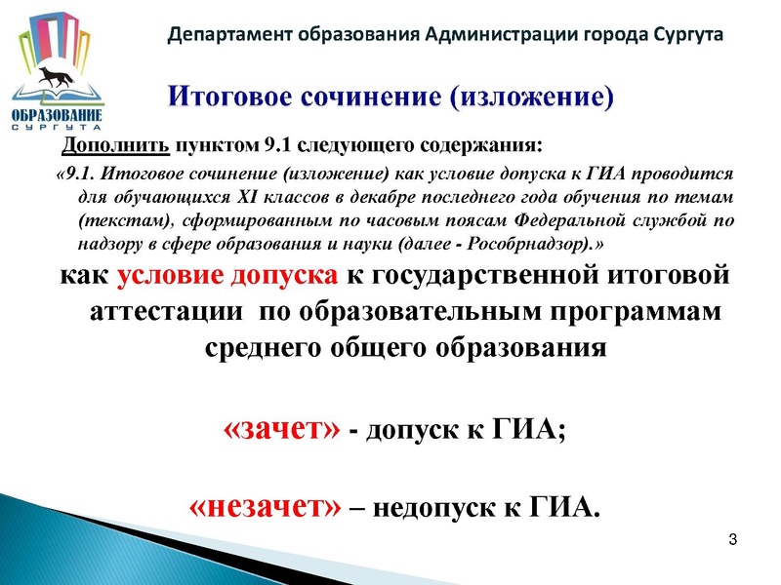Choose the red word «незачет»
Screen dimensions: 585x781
click(264, 506)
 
